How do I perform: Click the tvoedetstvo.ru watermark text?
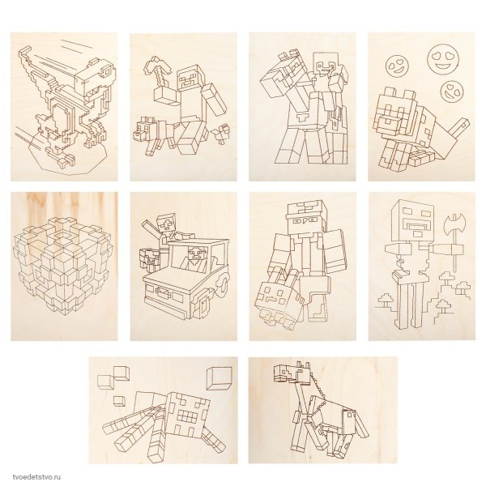pos(37,477)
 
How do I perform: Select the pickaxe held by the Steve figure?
pos(157,74)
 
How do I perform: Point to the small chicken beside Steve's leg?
pos(220,134)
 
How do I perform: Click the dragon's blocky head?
pos(95,77)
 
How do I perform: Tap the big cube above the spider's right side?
pos(219,378)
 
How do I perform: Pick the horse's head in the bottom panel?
pos(292,371)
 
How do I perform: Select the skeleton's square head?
pos(412,220)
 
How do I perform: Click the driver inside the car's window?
pos(194,258)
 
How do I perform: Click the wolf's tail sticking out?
pos(458,128)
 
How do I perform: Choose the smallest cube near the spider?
pos(119,401)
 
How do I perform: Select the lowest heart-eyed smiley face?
pos(452,91)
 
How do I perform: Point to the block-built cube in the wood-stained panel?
pos(63,266)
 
